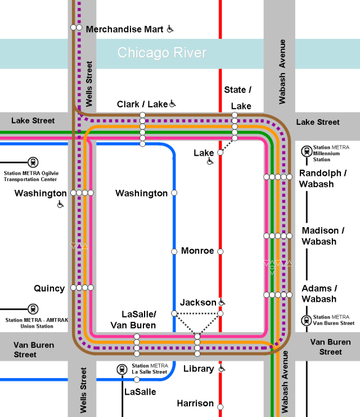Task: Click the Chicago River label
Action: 162,53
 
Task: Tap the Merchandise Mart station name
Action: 124,29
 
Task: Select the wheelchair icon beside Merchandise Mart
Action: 170,29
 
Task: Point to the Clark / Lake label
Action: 142,104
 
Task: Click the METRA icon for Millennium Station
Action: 307,151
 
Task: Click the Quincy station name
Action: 49,288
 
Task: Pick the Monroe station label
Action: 197,251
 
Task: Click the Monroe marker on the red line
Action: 220,251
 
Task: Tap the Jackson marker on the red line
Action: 220,313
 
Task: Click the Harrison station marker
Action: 220,406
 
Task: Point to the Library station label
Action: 199,369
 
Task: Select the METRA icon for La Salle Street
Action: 121,369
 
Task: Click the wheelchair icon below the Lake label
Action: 210,161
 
